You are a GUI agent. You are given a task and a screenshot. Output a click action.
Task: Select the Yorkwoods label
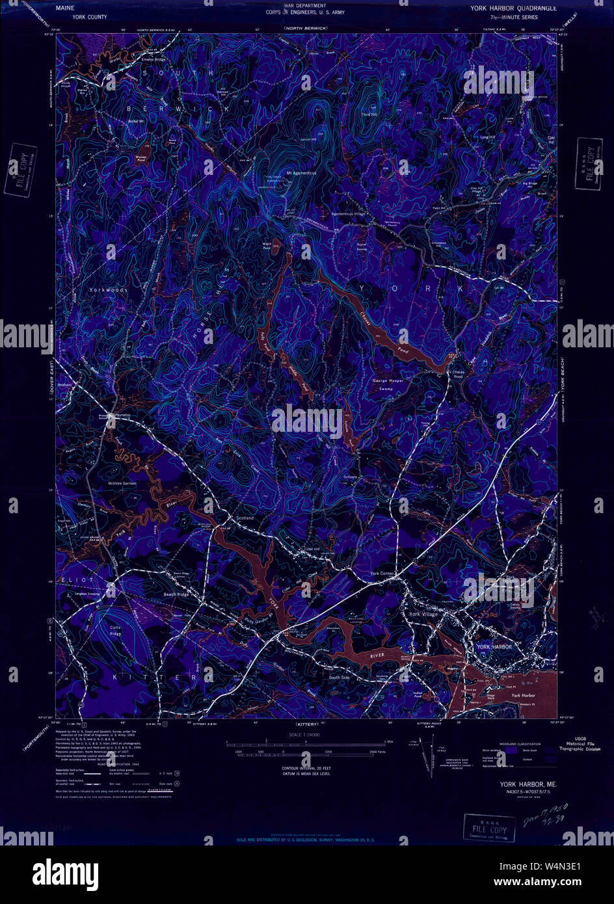pyautogui.click(x=109, y=287)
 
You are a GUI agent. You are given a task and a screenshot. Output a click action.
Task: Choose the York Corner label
pyautogui.click(x=382, y=573)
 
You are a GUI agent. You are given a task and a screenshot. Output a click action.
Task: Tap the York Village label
pyautogui.click(x=423, y=614)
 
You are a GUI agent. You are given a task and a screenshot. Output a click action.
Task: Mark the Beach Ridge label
pyautogui.click(x=176, y=594)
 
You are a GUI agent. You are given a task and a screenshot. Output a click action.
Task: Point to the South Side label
pyautogui.click(x=339, y=678)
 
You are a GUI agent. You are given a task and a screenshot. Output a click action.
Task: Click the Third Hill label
pyautogui.click(x=369, y=114)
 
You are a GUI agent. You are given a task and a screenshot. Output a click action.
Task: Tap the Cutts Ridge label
pyautogui.click(x=115, y=631)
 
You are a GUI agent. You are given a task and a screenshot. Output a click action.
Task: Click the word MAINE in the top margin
pyautogui.click(x=66, y=9)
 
